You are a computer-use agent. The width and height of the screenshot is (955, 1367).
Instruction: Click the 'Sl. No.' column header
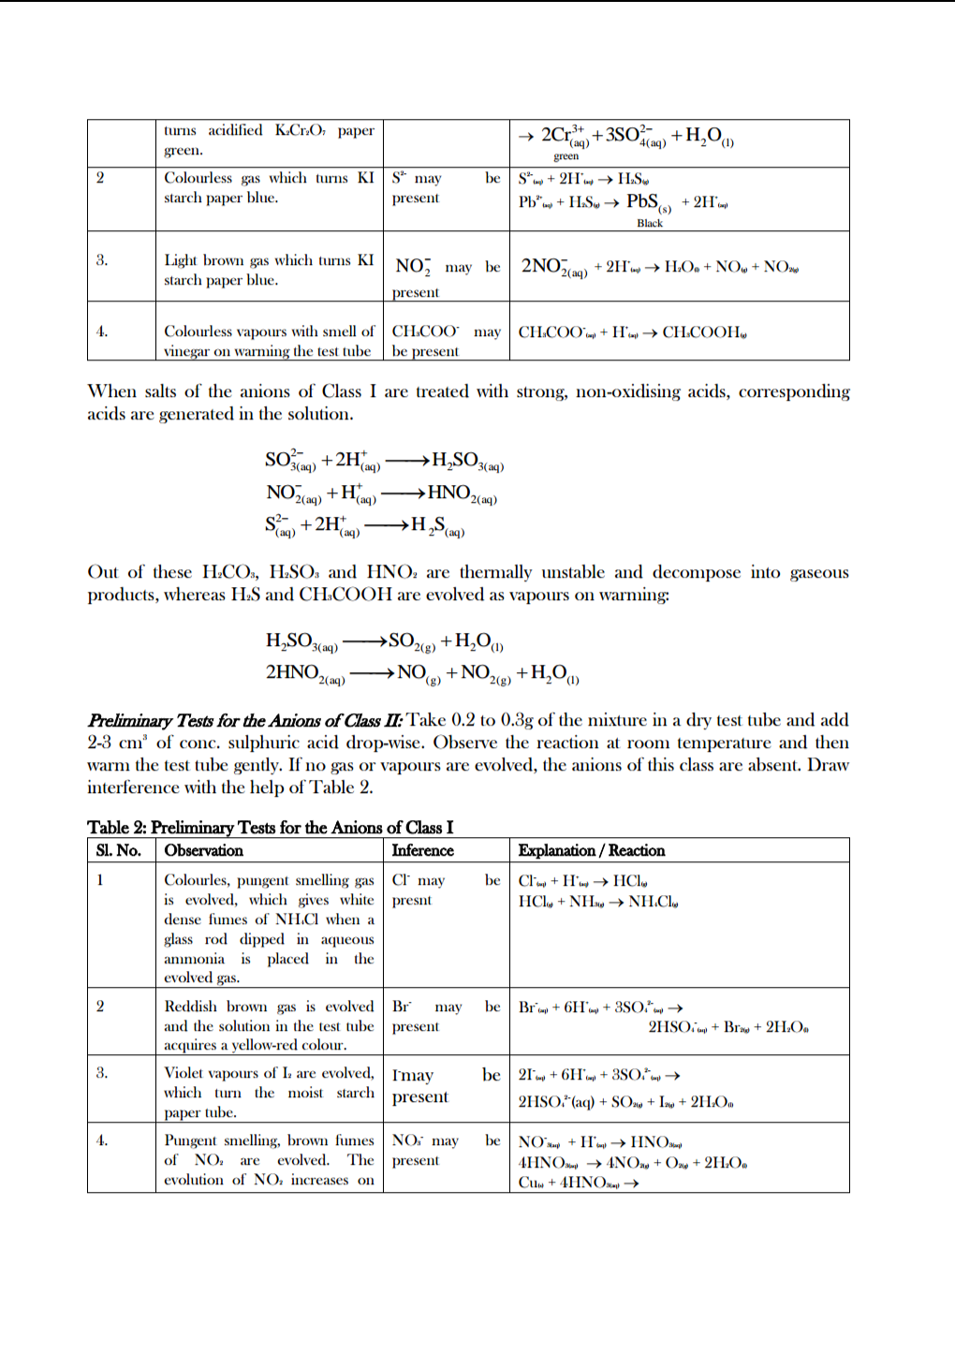pyautogui.click(x=118, y=850)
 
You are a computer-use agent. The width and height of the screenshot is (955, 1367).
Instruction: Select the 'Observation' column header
pyautogui.click(x=203, y=850)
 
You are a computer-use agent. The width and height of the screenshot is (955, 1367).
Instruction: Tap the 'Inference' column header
pyautogui.click(x=422, y=850)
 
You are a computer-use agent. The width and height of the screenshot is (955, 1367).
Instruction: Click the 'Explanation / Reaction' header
pyautogui.click(x=591, y=850)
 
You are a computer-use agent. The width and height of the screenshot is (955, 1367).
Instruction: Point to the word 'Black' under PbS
pyautogui.click(x=649, y=223)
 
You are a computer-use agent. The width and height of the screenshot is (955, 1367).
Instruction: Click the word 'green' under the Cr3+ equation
pyautogui.click(x=566, y=156)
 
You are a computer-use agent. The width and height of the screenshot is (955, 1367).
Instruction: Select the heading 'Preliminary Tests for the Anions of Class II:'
pyautogui.click(x=245, y=720)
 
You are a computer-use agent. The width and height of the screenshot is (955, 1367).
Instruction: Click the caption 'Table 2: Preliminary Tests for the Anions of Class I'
pyautogui.click(x=270, y=827)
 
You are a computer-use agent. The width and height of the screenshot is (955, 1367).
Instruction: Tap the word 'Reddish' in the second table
pyautogui.click(x=190, y=1007)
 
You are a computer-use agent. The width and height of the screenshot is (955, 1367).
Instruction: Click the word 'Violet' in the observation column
pyautogui.click(x=185, y=1073)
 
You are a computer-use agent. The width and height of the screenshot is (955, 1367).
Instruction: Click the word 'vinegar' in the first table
pyautogui.click(x=186, y=351)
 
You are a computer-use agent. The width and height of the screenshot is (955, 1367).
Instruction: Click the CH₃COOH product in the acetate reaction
pyautogui.click(x=704, y=332)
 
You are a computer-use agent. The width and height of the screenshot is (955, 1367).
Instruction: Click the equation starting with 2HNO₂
pyautogui.click(x=421, y=673)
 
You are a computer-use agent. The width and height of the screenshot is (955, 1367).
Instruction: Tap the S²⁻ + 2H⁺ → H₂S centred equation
pyautogui.click(x=364, y=525)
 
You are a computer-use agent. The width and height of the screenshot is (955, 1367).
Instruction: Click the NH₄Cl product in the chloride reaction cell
pyautogui.click(x=653, y=902)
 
